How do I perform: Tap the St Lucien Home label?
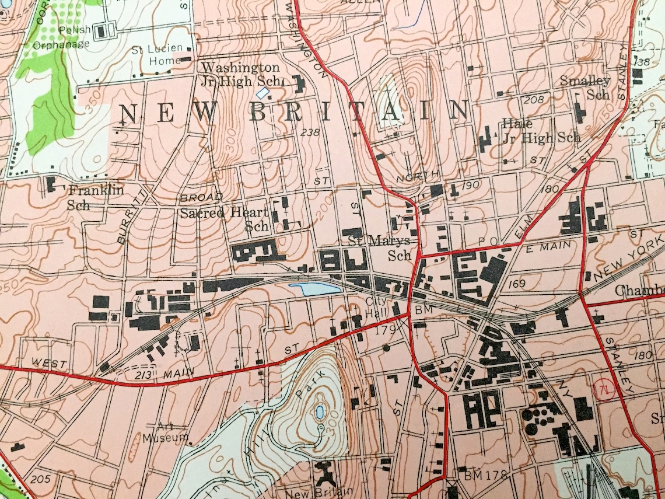[x=166, y=54]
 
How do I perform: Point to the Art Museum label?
[x=167, y=431]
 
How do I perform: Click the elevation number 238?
[x=310, y=132]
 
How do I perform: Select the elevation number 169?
[x=516, y=284]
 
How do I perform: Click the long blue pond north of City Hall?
[x=315, y=288]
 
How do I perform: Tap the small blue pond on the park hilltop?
[x=320, y=413]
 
